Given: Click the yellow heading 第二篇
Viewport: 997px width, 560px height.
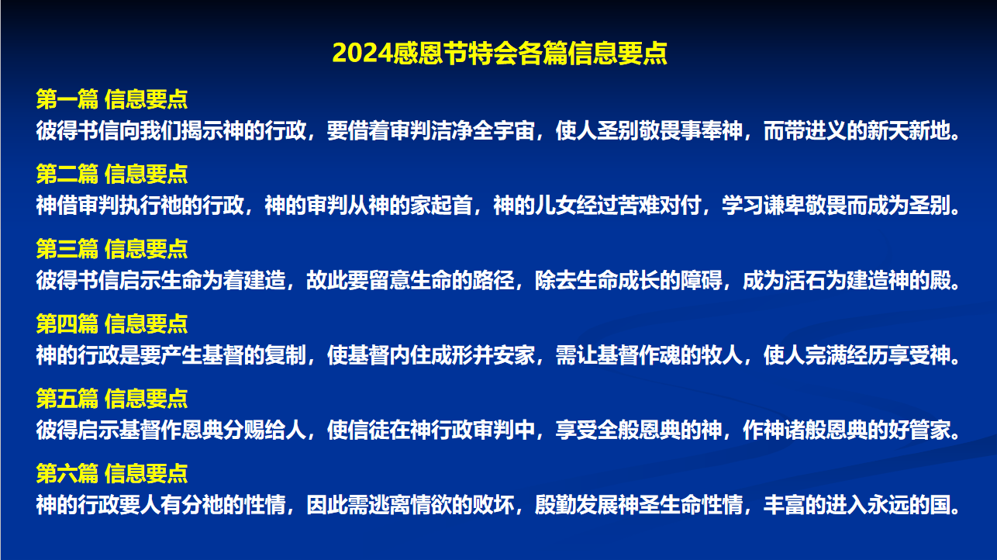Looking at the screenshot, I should (67, 174).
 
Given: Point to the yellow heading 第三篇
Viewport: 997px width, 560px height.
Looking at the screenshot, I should (67, 249).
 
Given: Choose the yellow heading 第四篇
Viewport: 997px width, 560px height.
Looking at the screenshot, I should (67, 323).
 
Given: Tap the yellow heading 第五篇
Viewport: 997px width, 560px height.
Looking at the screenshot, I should (67, 399).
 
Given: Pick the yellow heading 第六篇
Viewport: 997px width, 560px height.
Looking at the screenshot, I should (67, 473).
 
